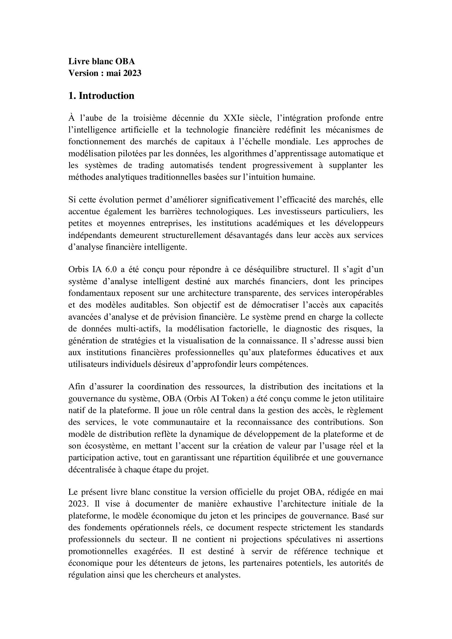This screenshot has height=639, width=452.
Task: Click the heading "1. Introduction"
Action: coord(101,96)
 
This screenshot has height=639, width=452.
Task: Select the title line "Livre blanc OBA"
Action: coord(102,61)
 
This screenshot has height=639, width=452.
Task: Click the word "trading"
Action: coord(151,165)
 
